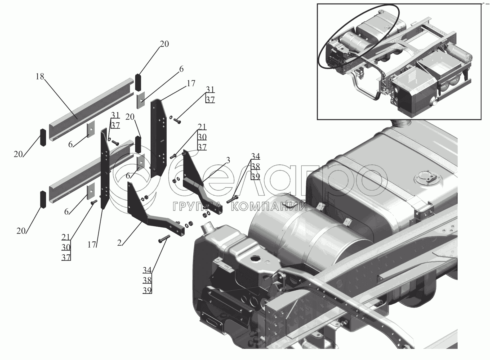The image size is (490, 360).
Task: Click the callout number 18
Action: click(40, 76)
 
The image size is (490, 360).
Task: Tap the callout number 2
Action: click(119, 243)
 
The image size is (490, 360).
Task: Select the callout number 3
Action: click(228, 161)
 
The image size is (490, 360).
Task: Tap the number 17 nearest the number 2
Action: click(92, 245)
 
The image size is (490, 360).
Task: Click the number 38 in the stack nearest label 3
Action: click(255, 166)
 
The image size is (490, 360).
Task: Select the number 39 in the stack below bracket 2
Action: click(147, 290)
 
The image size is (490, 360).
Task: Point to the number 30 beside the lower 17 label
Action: click(66, 247)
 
